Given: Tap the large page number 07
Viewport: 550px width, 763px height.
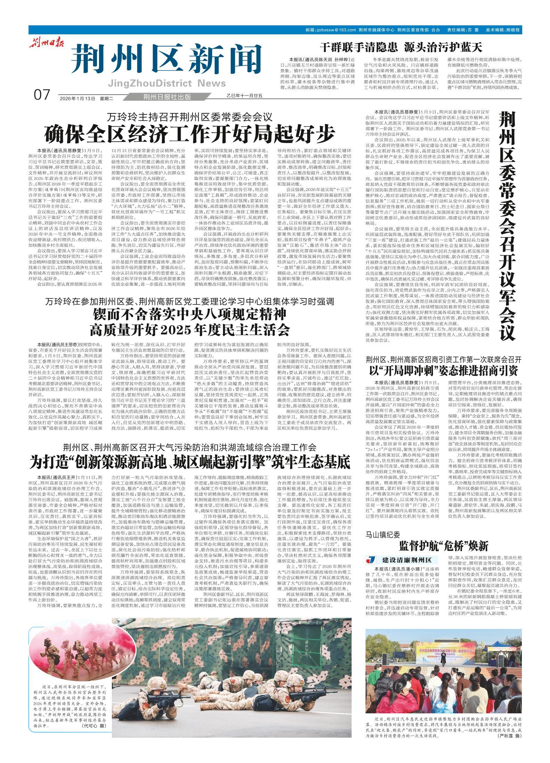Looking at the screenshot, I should click(x=42, y=94).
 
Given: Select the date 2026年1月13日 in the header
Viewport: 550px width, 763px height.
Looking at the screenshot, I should click(x=77, y=98).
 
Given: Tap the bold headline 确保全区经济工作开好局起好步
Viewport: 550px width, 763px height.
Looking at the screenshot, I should click(x=189, y=133).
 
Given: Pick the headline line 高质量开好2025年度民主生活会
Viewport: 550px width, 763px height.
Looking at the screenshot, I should click(x=189, y=330).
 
